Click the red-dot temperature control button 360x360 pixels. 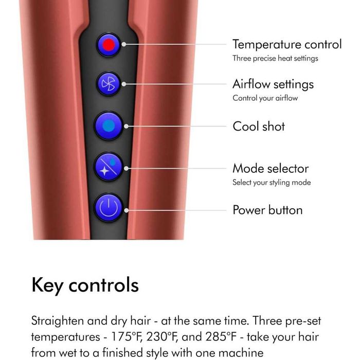(x=109, y=45)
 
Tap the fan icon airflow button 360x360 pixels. (x=109, y=84)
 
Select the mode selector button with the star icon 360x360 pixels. (x=109, y=167)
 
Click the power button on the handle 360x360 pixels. (x=109, y=208)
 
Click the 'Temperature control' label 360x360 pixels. (x=287, y=44)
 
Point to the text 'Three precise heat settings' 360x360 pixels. (x=275, y=58)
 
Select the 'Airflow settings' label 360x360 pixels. (x=273, y=84)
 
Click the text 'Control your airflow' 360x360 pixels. (x=265, y=98)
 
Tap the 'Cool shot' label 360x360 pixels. (x=259, y=127)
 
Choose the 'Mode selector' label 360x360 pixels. (x=271, y=169)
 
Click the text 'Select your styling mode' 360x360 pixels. (x=272, y=183)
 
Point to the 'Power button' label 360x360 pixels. (x=267, y=210)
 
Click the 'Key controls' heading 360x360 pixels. (x=85, y=285)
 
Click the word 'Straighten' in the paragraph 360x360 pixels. (x=58, y=321)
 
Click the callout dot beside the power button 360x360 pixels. (x=127, y=210)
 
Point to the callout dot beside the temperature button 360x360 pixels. (x=124, y=44)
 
